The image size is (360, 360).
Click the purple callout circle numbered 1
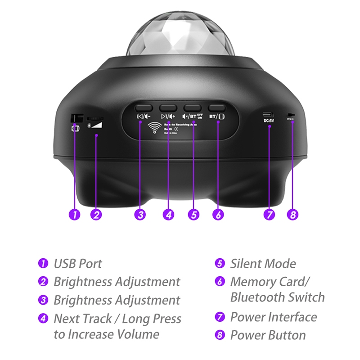74,215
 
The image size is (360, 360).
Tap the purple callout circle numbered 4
168,215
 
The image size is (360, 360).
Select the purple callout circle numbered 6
218,215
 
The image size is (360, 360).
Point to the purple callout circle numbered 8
292,215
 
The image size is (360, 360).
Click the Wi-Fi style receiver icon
155,127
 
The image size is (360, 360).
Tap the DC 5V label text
270,120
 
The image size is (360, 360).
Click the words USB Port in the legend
78,264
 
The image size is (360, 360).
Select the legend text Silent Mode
263,264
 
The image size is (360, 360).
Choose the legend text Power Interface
274,317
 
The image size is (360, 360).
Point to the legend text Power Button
268,335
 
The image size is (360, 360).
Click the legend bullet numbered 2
43,282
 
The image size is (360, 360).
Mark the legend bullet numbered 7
220,317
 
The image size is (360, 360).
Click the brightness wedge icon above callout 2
97,122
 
